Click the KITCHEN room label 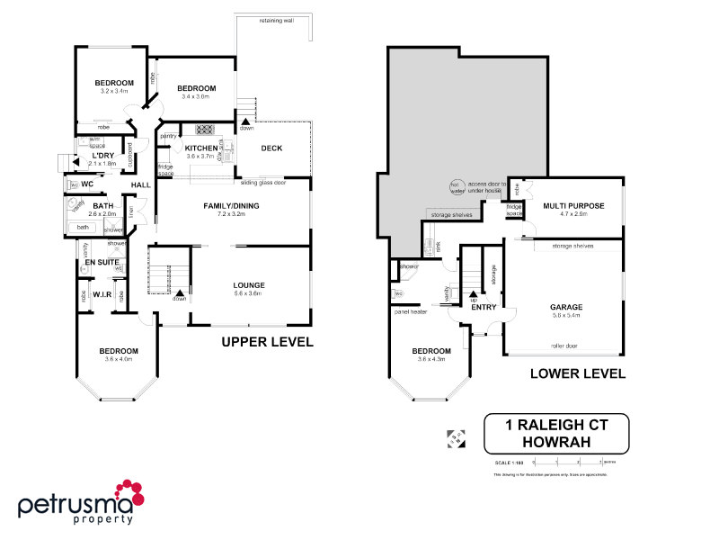point(202,148)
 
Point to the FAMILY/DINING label point(232,206)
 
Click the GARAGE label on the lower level point(565,307)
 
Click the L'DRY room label point(103,155)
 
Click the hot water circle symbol point(457,187)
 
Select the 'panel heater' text point(411,311)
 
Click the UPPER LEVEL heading point(267,342)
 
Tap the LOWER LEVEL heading point(577,373)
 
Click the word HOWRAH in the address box point(555,441)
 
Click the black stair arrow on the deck point(246,119)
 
